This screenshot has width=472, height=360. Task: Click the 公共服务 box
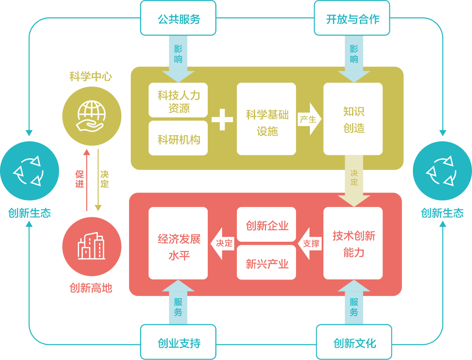click(178, 18)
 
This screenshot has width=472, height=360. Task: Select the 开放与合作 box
click(352, 18)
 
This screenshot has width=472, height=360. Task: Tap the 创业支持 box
click(178, 342)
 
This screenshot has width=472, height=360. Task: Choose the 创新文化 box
click(354, 342)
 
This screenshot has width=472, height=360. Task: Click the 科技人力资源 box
click(178, 100)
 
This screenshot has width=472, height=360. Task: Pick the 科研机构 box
click(178, 139)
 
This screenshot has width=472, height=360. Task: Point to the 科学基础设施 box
click(266, 119)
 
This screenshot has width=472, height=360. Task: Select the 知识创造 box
click(353, 119)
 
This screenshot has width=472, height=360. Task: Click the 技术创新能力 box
click(353, 243)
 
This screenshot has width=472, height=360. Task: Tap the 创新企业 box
click(266, 225)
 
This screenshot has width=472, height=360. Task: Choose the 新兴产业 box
click(266, 263)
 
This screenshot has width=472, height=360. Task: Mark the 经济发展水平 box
click(178, 243)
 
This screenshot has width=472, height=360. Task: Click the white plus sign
click(222, 120)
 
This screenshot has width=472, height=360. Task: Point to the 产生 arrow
click(309, 119)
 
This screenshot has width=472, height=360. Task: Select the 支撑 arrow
click(310, 243)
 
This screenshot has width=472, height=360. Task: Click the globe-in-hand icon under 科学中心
click(92, 116)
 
